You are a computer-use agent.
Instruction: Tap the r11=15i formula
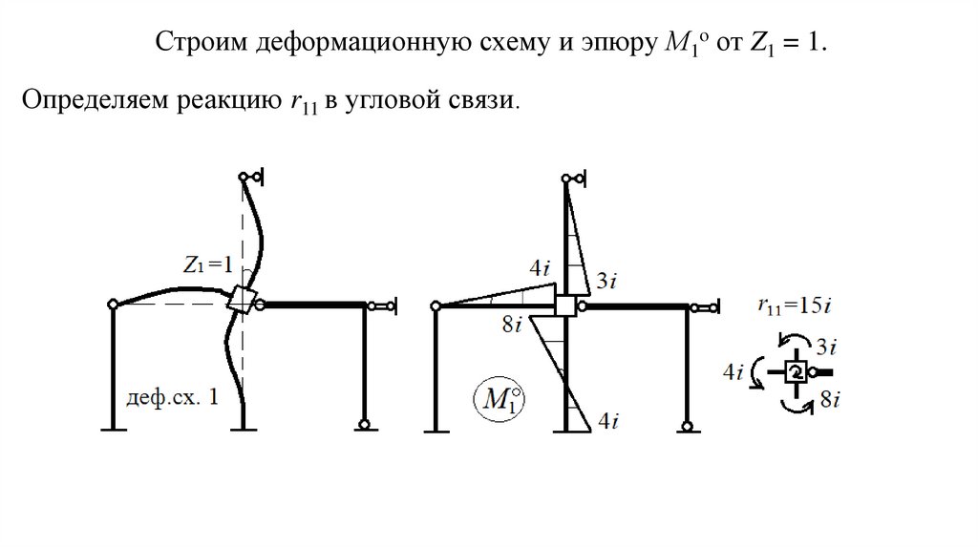[x=796, y=306]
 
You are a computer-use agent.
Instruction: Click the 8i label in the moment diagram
[x=514, y=326]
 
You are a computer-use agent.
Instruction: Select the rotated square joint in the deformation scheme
[x=242, y=299]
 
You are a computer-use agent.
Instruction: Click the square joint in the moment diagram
[x=566, y=306]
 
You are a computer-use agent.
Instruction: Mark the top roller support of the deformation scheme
[x=251, y=177]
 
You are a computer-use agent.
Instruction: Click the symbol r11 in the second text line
[x=303, y=100]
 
